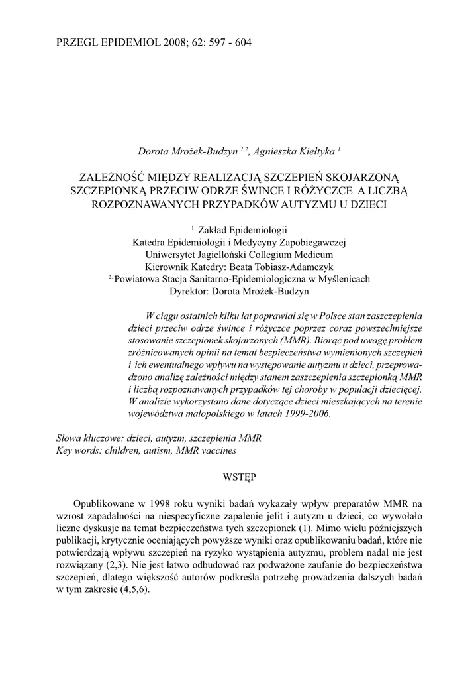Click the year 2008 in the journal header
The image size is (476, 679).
166,43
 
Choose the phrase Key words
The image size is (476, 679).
76,450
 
